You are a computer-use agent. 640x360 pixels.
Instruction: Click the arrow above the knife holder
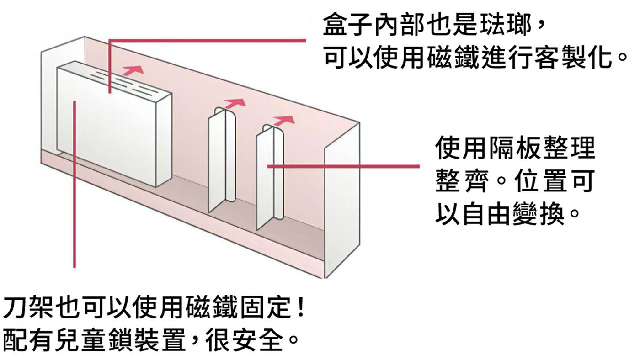point(133,70)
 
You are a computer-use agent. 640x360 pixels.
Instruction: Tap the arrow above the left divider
point(235,103)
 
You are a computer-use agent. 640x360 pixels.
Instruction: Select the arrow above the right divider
point(283,121)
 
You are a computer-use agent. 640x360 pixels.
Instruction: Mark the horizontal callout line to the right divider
point(343,167)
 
